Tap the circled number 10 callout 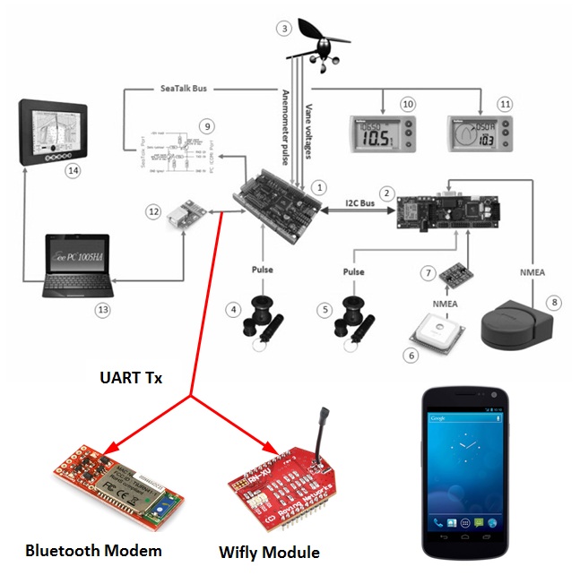(x=408, y=104)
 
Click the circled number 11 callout (x=506, y=104)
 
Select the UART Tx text (x=130, y=378)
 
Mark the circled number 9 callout (x=207, y=126)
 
